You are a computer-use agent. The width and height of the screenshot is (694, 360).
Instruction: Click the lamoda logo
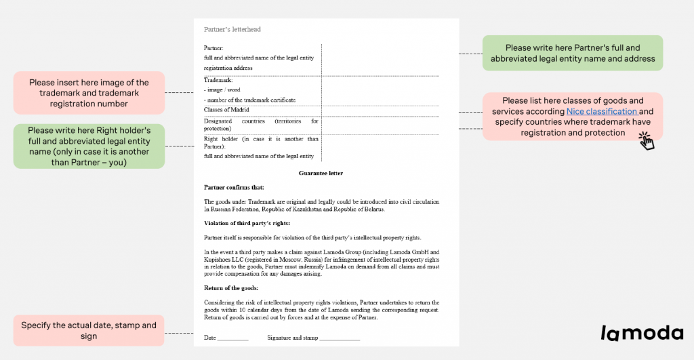pyautogui.click(x=642, y=332)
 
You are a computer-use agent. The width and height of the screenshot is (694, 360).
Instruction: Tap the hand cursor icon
pyautogui.click(x=646, y=140)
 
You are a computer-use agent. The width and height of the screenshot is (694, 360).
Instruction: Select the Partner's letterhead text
pyautogui.click(x=232, y=30)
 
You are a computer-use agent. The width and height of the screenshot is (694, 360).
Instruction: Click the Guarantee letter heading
pyautogui.click(x=321, y=174)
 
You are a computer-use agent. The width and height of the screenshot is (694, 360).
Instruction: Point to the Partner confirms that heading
pyautogui.click(x=234, y=187)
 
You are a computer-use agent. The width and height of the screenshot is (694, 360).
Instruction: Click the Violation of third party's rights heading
pyautogui.click(x=247, y=223)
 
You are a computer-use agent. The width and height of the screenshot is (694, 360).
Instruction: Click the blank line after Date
pyautogui.click(x=234, y=338)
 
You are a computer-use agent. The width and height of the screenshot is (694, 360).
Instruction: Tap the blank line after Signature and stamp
pyautogui.click(x=340, y=338)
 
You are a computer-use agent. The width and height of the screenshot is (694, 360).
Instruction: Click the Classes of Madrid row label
pyautogui.click(x=226, y=109)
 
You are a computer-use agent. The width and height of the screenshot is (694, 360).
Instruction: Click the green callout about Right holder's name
pyautogui.click(x=89, y=146)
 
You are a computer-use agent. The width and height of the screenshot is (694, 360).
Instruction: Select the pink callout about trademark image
pyautogui.click(x=89, y=93)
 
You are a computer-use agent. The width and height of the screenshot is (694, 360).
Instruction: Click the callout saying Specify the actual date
pyautogui.click(x=89, y=331)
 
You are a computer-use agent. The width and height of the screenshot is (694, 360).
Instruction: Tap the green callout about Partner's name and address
pyautogui.click(x=573, y=54)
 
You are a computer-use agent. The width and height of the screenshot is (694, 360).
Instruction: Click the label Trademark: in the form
pyautogui.click(x=218, y=80)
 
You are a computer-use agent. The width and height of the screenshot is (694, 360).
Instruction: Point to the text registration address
pyautogui.click(x=228, y=68)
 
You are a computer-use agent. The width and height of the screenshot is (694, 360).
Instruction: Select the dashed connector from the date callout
pyautogui.click(x=179, y=333)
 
